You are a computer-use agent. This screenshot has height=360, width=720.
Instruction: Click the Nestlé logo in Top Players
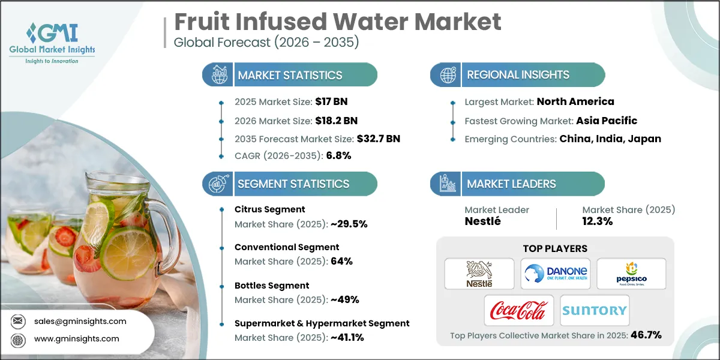click(x=479, y=274)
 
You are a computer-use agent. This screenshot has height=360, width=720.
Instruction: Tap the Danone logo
click(x=555, y=274)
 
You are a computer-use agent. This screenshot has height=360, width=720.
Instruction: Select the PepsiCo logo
click(x=631, y=274)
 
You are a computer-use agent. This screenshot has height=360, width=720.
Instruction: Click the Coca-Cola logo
click(x=519, y=310)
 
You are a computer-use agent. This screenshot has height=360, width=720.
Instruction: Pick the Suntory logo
click(x=595, y=310)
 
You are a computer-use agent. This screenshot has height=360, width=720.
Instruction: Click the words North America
click(x=575, y=102)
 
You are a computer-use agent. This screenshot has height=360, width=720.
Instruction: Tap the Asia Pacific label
click(x=605, y=121)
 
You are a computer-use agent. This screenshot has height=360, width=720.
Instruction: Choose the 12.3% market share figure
click(x=598, y=221)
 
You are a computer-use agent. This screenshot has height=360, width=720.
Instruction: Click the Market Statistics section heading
click(x=290, y=75)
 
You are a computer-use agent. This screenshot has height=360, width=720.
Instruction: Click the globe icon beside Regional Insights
click(x=446, y=75)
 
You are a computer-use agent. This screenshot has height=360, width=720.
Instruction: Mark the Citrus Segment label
click(x=269, y=209)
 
